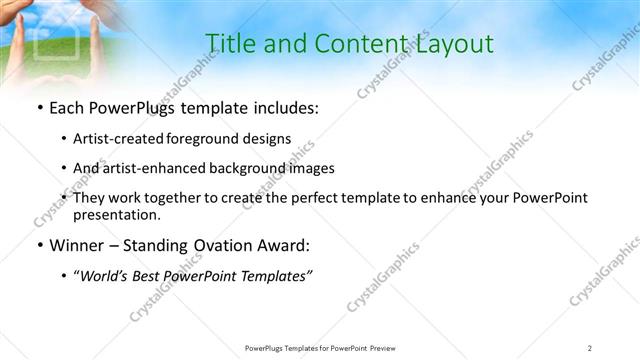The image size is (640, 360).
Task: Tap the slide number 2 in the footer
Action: click(x=590, y=347)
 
